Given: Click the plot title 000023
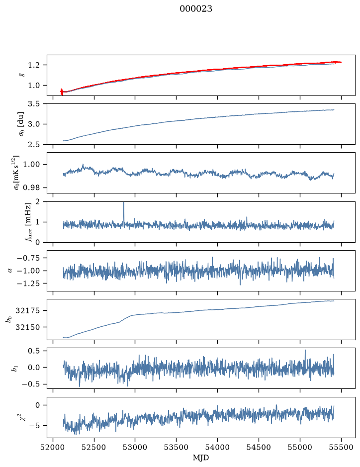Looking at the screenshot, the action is pos(195,9).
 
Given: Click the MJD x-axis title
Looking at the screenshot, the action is pos(201,458).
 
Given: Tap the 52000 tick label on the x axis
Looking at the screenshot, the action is pos(53,447).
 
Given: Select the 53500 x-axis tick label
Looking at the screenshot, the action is pos(177,447).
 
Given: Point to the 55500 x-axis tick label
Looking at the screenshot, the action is pos(341,447).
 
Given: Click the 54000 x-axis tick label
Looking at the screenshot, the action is pos(217,447).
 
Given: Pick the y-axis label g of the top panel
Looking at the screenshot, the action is pos(23,75).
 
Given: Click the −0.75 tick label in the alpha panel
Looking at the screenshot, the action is pos(31,258).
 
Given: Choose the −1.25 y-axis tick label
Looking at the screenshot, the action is pos(31,283).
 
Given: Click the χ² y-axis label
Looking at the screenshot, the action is pos(23,417).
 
